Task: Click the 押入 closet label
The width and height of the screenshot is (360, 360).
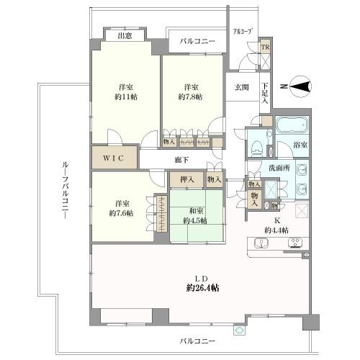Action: (x=186, y=180)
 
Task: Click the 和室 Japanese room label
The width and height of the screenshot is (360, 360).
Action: (x=197, y=212)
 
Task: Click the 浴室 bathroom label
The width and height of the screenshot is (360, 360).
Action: (x=300, y=145)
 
